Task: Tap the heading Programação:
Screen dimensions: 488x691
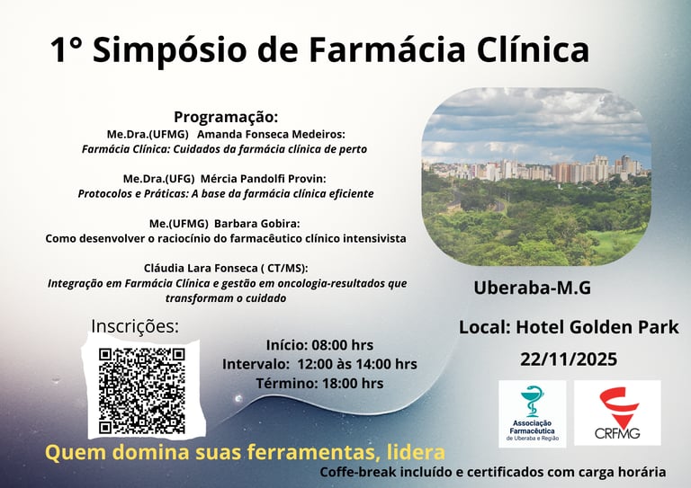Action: tap(226, 117)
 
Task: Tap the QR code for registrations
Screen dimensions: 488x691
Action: tap(142, 390)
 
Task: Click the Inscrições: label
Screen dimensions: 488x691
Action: tap(135, 325)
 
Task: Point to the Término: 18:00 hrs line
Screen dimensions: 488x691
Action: tap(319, 383)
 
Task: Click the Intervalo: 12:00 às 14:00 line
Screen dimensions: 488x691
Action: tap(319, 364)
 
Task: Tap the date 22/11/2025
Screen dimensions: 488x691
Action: tap(569, 359)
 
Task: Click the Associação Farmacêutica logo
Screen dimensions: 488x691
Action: tap(532, 413)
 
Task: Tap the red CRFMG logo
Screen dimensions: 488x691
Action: tap(617, 413)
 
